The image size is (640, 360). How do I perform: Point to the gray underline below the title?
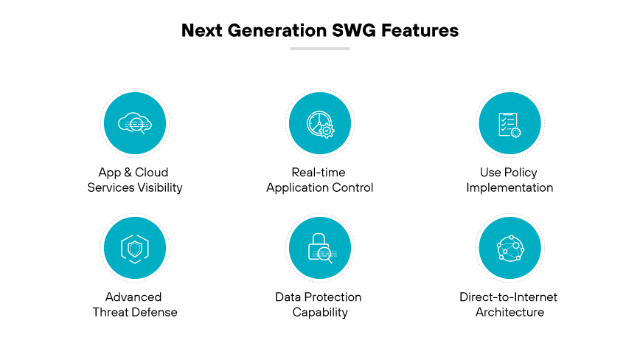coord(320,49)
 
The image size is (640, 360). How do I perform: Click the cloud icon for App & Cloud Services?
coord(135,123)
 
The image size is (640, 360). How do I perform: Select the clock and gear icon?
coord(320,123)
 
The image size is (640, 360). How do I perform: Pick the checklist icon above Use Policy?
coord(509,123)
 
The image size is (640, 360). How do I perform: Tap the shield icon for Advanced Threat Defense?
coord(135,248)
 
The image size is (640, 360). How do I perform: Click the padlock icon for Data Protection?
coord(320,248)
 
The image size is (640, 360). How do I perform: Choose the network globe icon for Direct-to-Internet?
coord(509,248)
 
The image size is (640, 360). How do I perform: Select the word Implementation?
coord(509,187)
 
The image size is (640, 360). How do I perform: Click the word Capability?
coord(320,312)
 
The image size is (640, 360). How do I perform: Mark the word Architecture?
coord(509,312)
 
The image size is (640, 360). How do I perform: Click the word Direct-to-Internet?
coord(509,297)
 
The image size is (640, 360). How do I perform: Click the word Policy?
coord(521,173)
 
